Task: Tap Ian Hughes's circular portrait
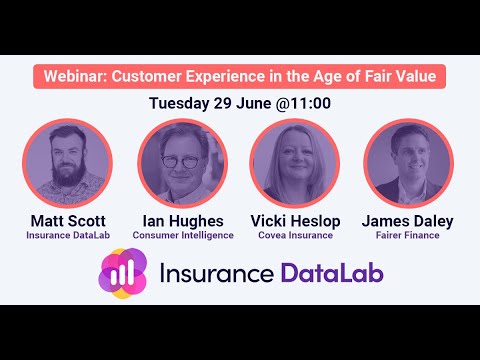click(183, 163)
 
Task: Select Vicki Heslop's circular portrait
click(294, 163)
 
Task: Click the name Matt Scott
click(68, 220)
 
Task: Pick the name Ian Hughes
click(183, 220)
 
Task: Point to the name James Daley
click(408, 220)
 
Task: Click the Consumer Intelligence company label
click(183, 235)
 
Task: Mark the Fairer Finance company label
click(408, 235)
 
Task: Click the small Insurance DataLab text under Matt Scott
click(68, 235)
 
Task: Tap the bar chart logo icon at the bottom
click(125, 274)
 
